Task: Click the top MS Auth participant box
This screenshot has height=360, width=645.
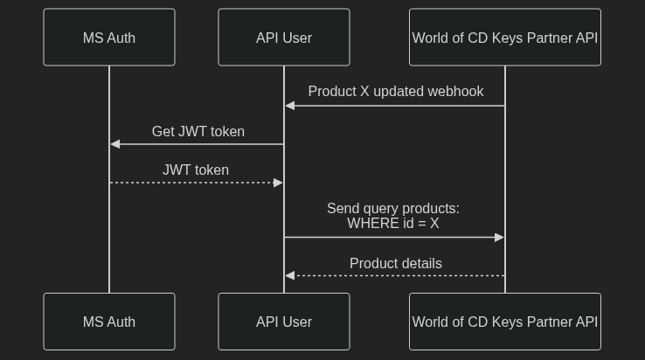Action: tap(109, 38)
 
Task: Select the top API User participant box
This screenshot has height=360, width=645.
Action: tap(284, 38)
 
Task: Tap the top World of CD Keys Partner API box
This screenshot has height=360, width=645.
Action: tap(505, 38)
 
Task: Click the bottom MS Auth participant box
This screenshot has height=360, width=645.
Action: tap(109, 322)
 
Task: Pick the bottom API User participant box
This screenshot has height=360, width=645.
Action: tap(284, 322)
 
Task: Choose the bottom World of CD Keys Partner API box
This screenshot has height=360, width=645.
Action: tap(505, 322)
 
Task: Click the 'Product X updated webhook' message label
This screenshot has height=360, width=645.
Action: tap(395, 92)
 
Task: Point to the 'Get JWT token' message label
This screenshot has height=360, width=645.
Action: tap(198, 132)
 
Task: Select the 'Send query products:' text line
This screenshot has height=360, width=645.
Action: tap(393, 209)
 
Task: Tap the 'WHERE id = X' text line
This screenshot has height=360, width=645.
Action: tap(393, 224)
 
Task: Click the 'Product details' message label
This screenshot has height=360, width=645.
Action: tap(395, 264)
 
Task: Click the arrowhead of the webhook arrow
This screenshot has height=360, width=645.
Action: tap(290, 106)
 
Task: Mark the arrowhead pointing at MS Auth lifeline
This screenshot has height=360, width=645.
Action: tap(115, 144)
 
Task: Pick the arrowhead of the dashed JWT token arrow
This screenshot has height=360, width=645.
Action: tap(278, 183)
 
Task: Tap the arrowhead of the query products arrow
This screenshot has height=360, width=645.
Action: tap(499, 238)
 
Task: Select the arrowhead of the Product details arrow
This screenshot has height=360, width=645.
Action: tap(290, 276)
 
